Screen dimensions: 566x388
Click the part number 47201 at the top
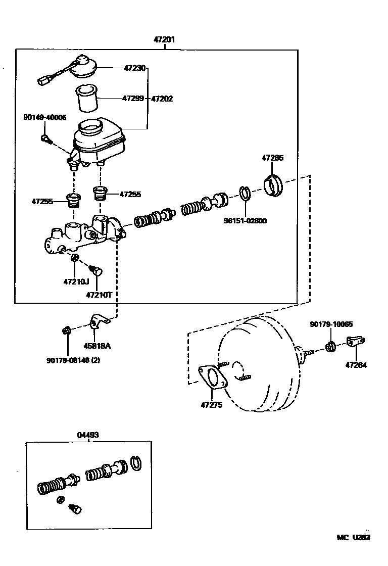[164, 39]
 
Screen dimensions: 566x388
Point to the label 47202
[162, 99]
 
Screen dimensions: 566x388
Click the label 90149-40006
[44, 117]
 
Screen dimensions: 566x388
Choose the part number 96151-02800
[246, 220]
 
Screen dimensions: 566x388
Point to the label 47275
[211, 404]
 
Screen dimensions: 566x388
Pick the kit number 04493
[88, 434]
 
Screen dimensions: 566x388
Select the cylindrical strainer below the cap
[86, 99]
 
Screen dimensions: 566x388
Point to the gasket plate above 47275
[213, 378]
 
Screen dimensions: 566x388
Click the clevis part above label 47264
[356, 342]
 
